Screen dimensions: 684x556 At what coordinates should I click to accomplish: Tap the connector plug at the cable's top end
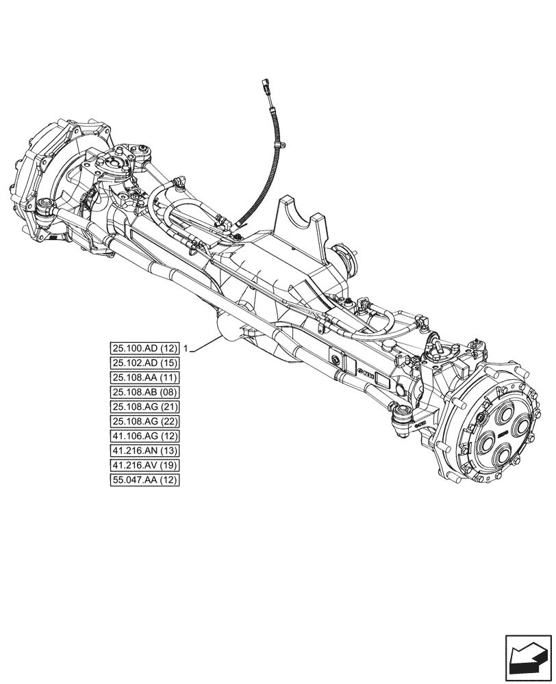(x=266, y=88)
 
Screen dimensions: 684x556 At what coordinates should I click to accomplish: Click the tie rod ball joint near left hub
(x=45, y=205)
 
